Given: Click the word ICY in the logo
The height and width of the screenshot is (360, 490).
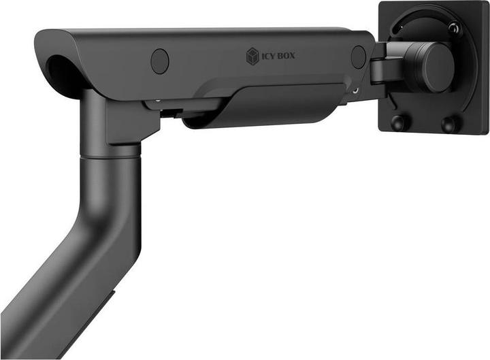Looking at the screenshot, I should (x=267, y=56).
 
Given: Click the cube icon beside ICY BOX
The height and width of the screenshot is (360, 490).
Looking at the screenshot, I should (x=252, y=56).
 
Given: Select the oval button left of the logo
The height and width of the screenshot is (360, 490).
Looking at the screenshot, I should (x=160, y=61).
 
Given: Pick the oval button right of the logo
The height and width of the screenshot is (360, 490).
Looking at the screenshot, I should (x=359, y=57).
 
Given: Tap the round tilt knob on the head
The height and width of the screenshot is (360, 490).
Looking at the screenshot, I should (x=435, y=67).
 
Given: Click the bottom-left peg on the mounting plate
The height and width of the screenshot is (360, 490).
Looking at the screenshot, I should (x=399, y=122).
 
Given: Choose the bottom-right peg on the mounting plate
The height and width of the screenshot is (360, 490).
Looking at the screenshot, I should (x=449, y=124).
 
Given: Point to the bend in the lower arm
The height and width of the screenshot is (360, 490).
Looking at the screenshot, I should (x=102, y=231).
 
